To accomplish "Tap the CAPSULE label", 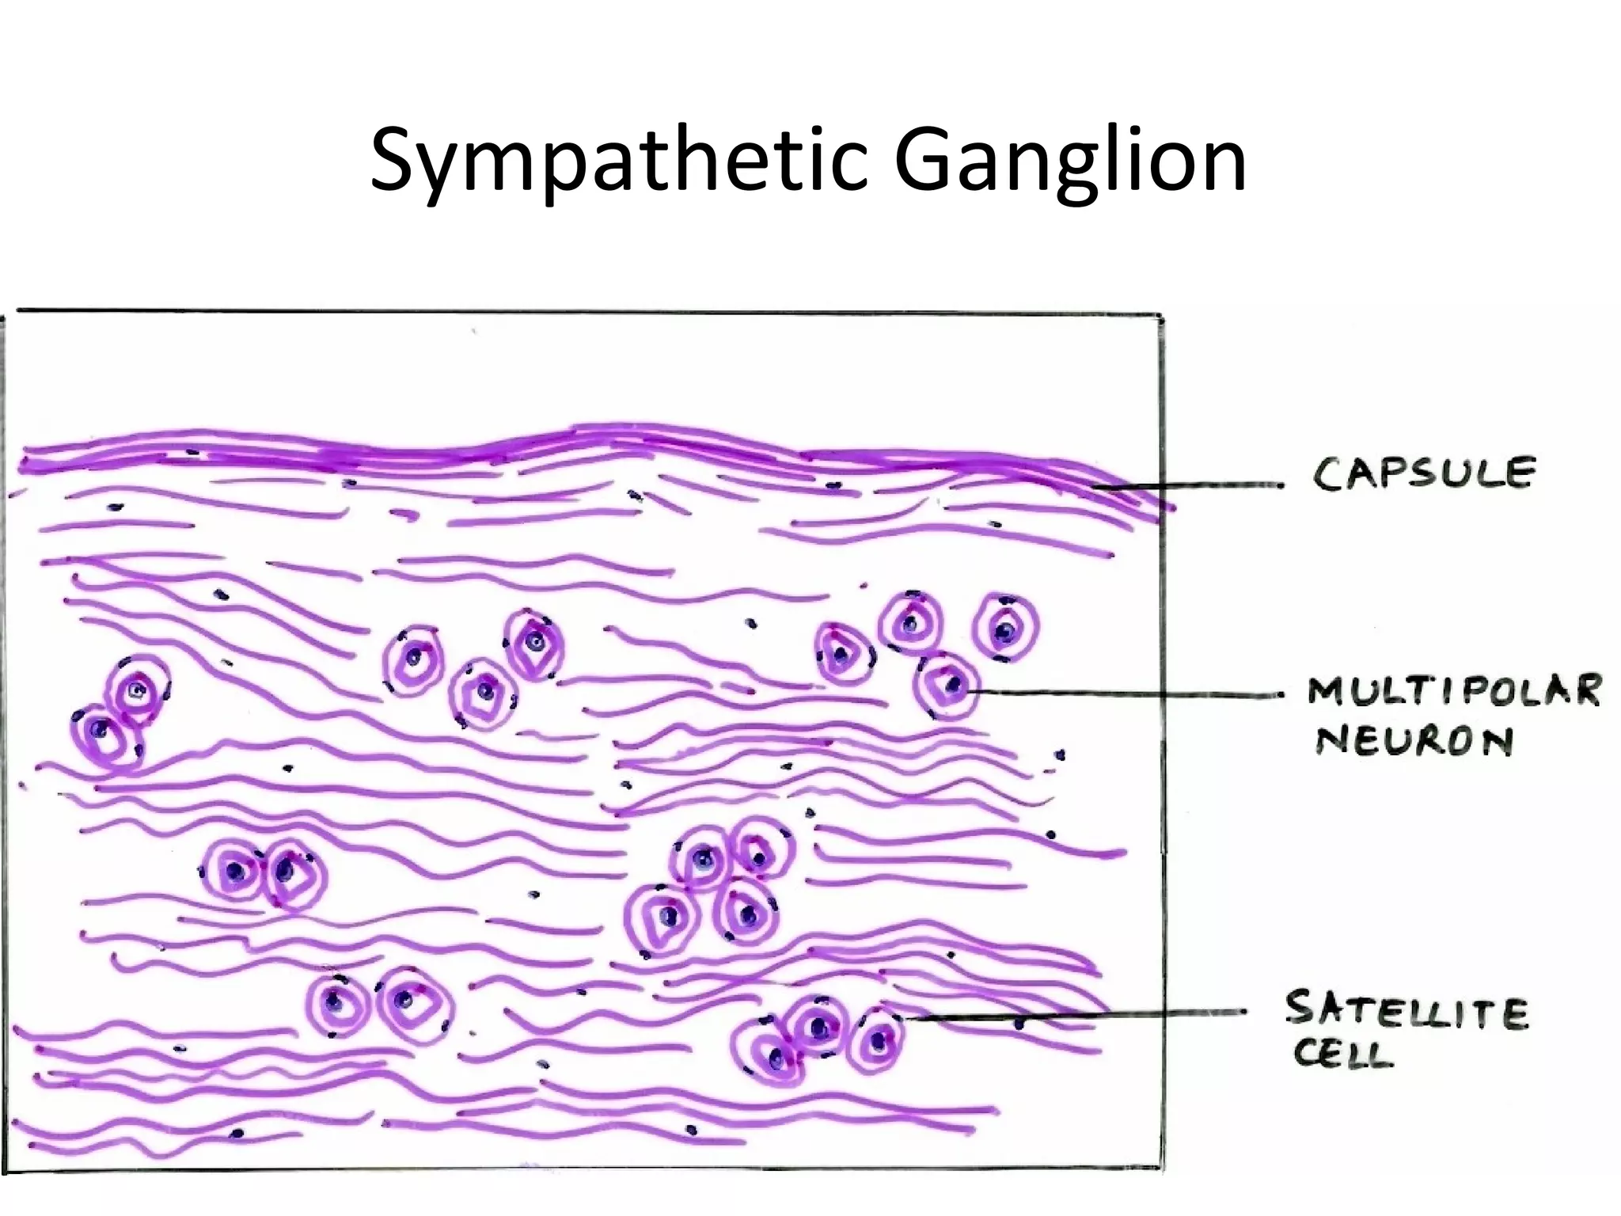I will [1424, 473].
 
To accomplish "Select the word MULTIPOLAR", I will [1455, 690].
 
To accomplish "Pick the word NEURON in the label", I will [1414, 741].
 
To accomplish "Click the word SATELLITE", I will [1407, 1011].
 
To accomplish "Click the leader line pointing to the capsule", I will [1187, 485].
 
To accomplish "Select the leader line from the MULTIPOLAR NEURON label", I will [1124, 693].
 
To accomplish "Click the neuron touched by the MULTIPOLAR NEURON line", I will [947, 686].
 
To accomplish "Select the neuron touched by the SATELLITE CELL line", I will [877, 1039].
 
